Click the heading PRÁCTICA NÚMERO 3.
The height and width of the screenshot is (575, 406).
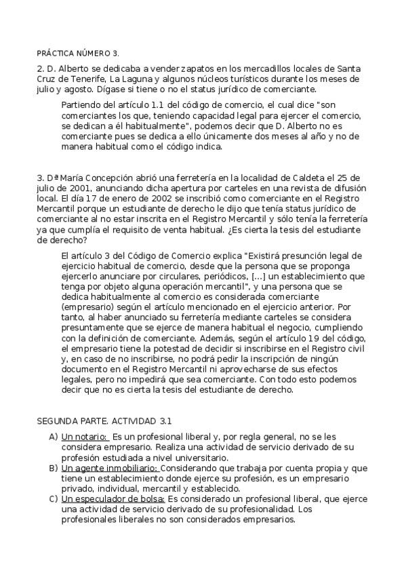tap(78, 52)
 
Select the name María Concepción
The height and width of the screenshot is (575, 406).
tap(95, 178)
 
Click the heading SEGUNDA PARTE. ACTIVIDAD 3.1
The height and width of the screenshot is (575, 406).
tap(104, 420)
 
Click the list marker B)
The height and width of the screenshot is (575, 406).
tap(53, 468)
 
